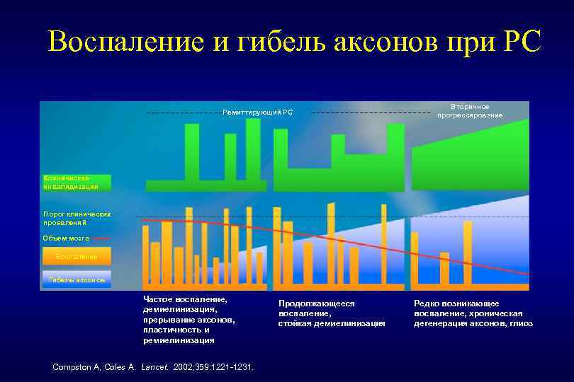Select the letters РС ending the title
tap(521, 42)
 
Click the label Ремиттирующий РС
tap(257, 112)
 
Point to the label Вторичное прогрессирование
tap(470, 110)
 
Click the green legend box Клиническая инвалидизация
tap(76, 183)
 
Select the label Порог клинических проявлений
tap(74, 217)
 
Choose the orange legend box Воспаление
tap(76, 255)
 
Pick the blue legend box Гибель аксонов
tap(76, 279)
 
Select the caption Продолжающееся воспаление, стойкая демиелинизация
tap(332, 313)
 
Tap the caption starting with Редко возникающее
tap(473, 313)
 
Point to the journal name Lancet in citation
tap(155, 366)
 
